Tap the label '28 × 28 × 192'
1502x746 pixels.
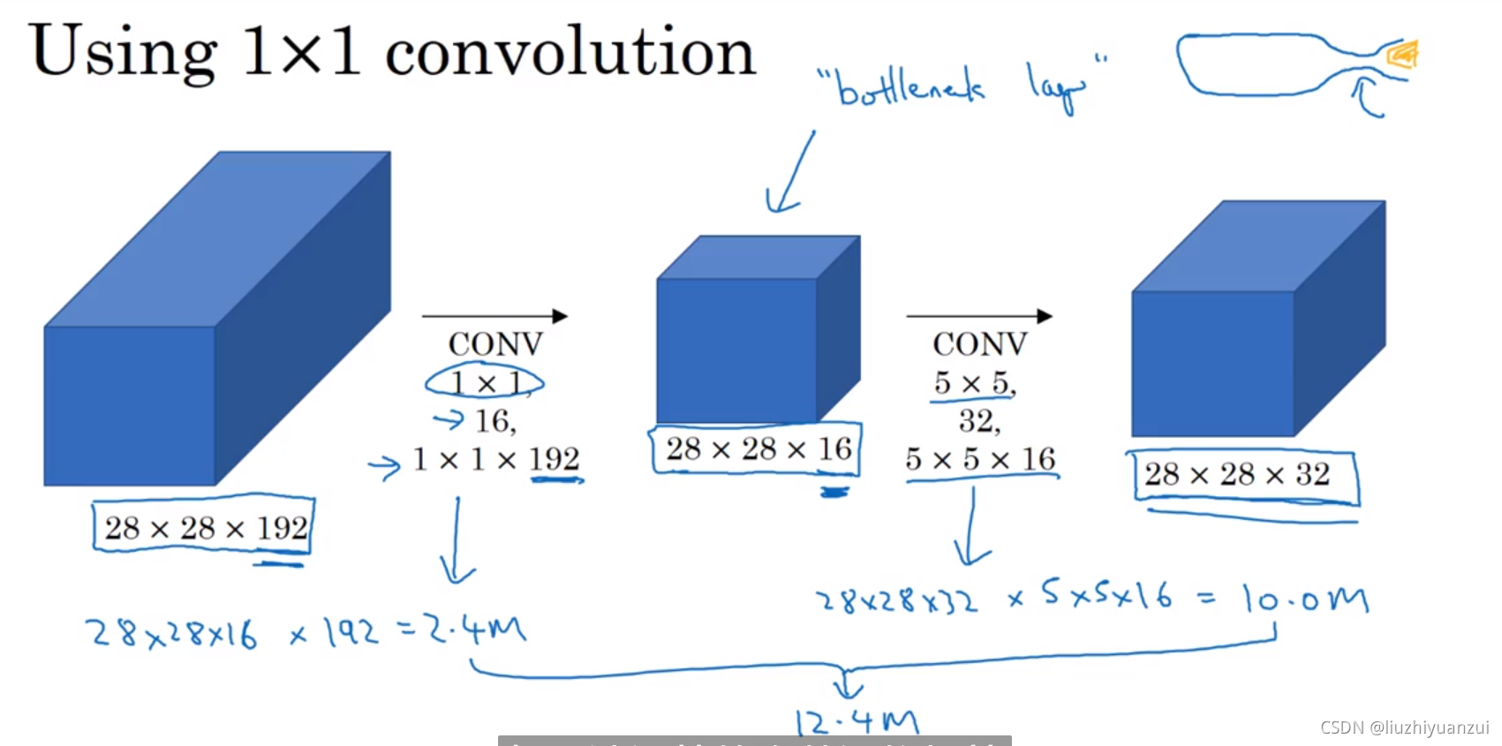[x=206, y=528]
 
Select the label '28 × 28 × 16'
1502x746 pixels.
[x=759, y=449]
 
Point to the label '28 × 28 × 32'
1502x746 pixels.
[x=1237, y=475]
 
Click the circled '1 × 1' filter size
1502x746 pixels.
[x=485, y=383]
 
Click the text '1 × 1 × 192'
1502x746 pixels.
[x=496, y=459]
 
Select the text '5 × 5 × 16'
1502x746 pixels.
[x=980, y=459]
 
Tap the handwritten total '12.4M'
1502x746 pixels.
[x=857, y=723]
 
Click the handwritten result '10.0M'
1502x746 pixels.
[x=1305, y=599]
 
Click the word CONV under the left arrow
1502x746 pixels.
[x=495, y=344]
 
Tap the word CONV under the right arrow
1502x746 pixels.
[x=980, y=344]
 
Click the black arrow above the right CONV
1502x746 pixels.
[x=979, y=316]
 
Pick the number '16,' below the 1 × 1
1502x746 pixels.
[x=495, y=421]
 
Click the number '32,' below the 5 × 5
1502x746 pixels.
[x=979, y=421]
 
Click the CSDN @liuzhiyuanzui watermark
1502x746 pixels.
[x=1404, y=727]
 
